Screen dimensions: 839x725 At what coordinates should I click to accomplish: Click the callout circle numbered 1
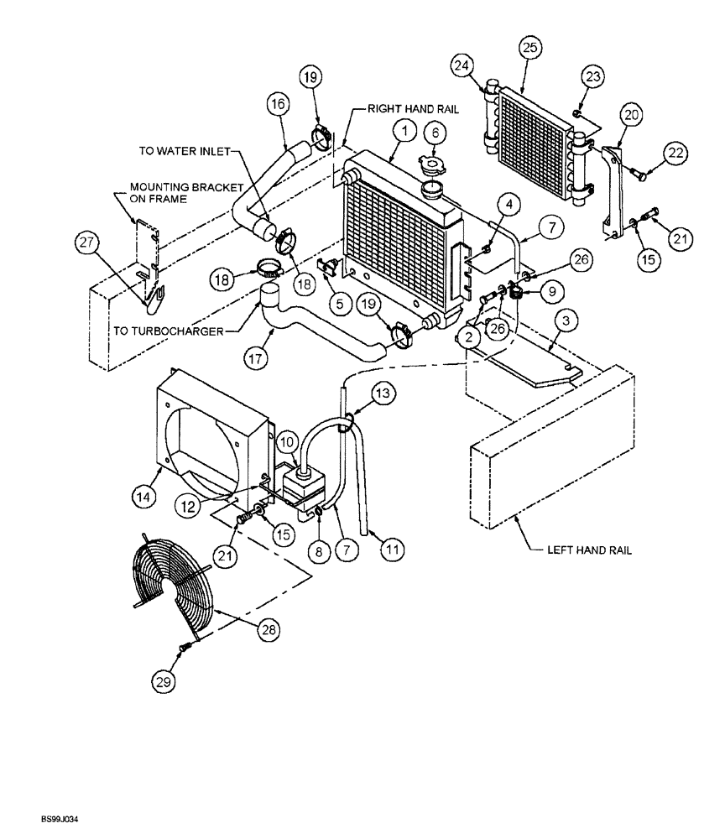point(404,130)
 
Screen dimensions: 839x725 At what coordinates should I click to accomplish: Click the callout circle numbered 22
point(675,154)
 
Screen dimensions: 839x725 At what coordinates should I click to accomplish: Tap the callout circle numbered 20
point(632,114)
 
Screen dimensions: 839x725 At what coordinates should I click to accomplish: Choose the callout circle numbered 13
point(381,393)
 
